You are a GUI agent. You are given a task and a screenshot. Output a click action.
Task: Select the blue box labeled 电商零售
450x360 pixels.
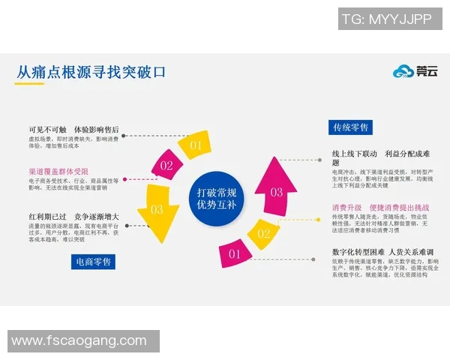[94, 262]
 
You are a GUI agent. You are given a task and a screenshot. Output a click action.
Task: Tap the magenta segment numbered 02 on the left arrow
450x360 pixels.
[166, 165]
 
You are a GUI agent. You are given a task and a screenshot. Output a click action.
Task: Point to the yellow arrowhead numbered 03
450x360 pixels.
[157, 213]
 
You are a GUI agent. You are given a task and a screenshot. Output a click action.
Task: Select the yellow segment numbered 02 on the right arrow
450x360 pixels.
[263, 233]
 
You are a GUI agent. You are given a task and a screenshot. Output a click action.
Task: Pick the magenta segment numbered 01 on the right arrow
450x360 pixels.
[235, 254]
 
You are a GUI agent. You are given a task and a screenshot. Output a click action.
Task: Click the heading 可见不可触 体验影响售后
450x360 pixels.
[73, 130]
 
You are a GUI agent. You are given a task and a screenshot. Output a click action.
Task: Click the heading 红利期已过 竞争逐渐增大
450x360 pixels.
[73, 217]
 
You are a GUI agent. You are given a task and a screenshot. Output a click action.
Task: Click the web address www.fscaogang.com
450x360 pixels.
[79, 341]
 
